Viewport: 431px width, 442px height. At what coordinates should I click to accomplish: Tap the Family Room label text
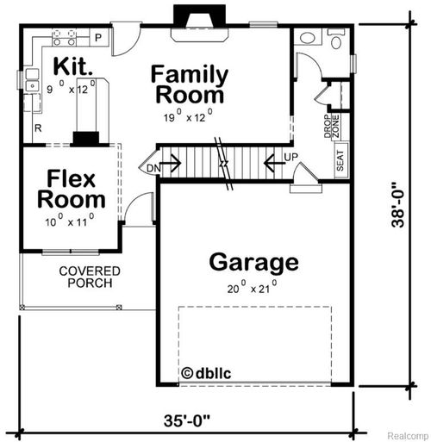[x=189, y=84]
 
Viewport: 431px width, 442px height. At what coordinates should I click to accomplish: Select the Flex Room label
[x=71, y=190]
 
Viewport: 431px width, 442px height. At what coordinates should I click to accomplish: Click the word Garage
[x=253, y=261]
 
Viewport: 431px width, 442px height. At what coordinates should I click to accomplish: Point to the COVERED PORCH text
[x=89, y=277]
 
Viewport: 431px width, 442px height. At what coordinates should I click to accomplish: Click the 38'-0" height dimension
[x=397, y=205]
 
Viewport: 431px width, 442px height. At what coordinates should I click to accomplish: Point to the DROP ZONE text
[x=331, y=128]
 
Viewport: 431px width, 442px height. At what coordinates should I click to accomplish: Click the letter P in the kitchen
[x=98, y=37]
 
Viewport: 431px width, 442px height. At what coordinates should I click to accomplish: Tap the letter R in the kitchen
[x=38, y=127]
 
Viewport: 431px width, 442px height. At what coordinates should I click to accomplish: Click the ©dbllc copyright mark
[x=206, y=373]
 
